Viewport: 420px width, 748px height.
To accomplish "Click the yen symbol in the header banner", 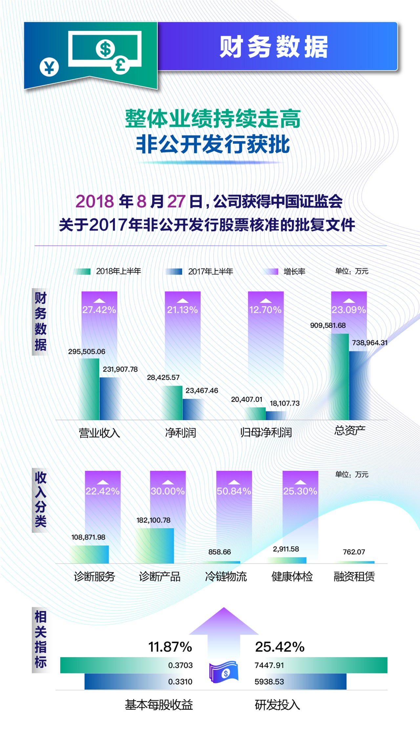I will coord(49,67).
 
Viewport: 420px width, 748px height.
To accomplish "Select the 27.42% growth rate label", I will coord(99,310).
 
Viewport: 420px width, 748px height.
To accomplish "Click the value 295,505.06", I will coord(87,352).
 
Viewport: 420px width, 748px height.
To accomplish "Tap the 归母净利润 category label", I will coord(266,433).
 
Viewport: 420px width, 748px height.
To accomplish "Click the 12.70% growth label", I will coord(265,310).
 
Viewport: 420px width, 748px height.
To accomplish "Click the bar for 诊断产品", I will coord(155,545).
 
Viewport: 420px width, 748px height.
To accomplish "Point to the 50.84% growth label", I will coord(234,491).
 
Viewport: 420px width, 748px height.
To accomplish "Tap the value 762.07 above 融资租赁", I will coord(354,552).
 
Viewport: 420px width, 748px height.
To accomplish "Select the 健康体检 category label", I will coord(292,576).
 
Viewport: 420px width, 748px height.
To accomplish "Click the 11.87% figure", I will coord(170,647).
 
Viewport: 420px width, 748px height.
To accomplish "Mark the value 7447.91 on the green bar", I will coord(269,665).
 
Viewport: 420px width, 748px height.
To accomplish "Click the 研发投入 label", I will coord(277,705).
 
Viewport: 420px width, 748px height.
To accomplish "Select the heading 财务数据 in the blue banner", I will coord(274,47).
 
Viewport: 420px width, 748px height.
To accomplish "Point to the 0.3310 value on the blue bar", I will coord(180,682).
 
